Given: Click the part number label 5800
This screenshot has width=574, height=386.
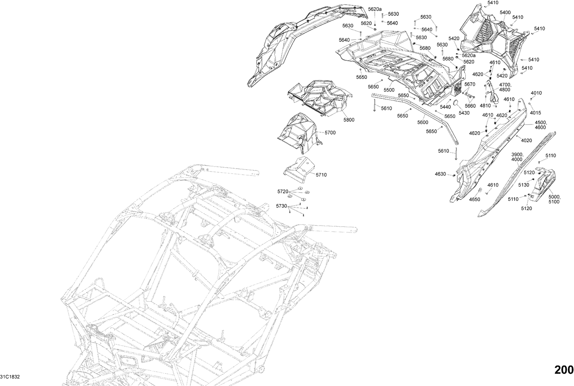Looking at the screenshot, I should point(349,120).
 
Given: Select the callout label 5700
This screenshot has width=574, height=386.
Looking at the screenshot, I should point(330,132).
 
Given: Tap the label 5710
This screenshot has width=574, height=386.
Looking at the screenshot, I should point(321,175).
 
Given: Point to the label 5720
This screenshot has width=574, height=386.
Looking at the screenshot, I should point(282,191).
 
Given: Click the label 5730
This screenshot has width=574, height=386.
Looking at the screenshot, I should point(281,206).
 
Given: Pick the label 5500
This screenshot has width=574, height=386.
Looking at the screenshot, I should point(389,90).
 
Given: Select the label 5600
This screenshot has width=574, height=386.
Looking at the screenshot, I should point(422,122).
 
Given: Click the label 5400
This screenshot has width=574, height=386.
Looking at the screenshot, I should point(505,13).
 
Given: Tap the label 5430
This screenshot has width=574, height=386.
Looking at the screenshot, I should point(464,113).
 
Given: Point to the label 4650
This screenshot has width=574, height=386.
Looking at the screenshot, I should point(475,200).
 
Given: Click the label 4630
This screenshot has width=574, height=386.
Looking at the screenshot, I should point(440,174).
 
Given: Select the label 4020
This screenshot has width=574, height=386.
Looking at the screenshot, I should point(527,141).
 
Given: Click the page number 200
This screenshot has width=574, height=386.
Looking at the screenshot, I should point(564,370).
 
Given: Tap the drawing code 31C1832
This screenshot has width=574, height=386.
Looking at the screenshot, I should point(10,377).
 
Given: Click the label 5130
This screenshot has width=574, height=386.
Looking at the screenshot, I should point(523,185).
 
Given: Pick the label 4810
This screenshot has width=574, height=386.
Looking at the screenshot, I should point(485,106).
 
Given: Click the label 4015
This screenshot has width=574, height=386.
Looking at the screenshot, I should point(536,113).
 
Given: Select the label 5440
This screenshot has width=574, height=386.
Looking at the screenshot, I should point(445,107).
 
